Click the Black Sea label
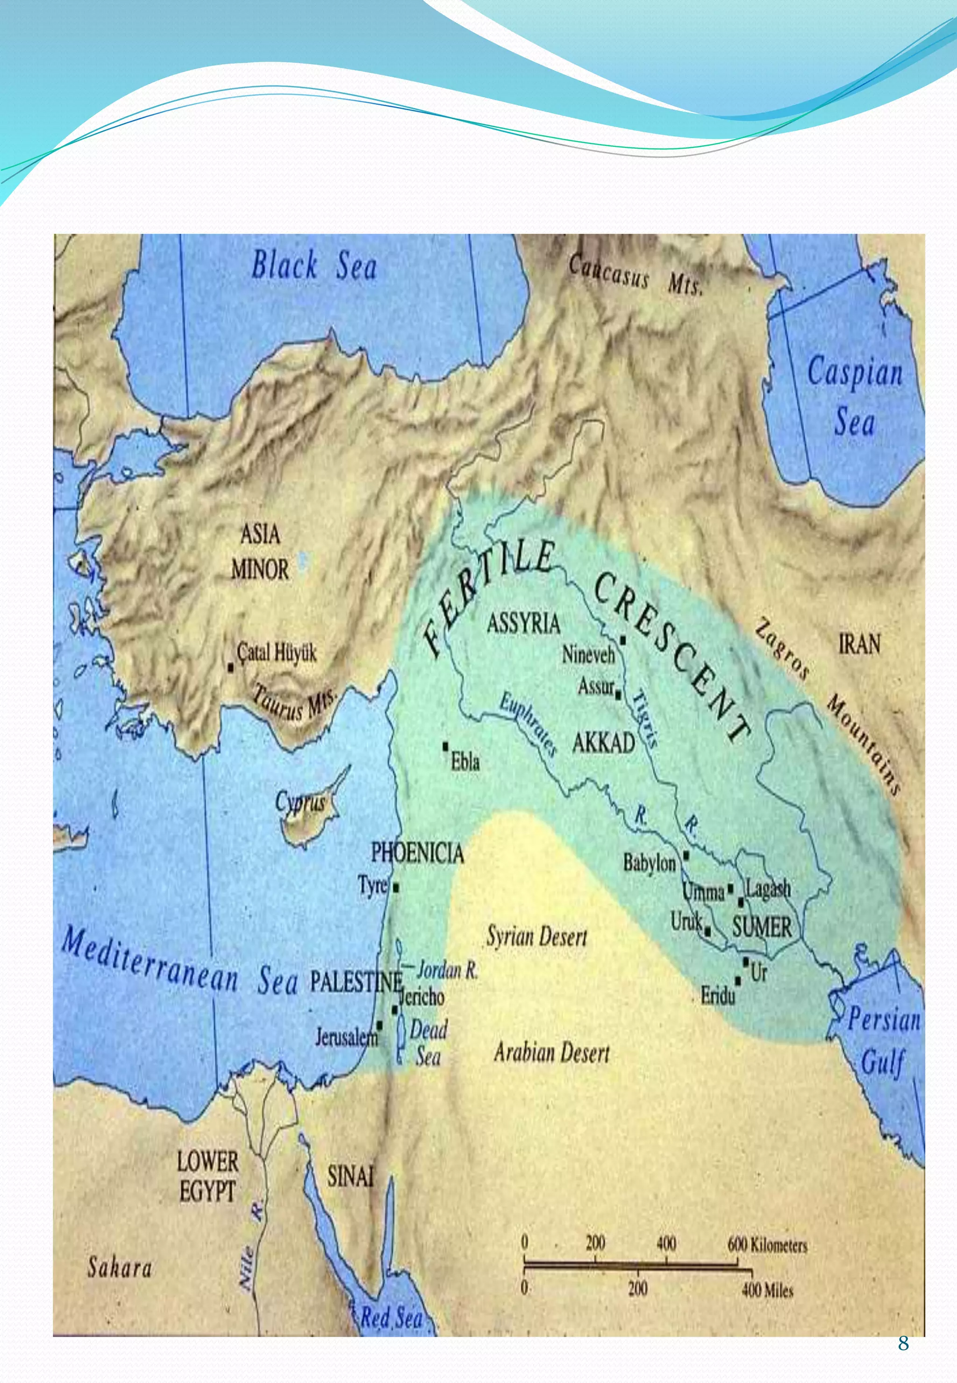tap(314, 265)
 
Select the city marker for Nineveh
tap(623, 640)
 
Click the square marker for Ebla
tap(445, 746)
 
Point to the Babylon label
tap(649, 863)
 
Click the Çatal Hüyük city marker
tap(231, 667)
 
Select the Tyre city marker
tap(396, 887)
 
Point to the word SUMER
tap(762, 928)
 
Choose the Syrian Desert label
tap(536, 937)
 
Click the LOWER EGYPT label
tap(207, 1177)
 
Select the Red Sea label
tap(391, 1318)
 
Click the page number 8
tap(903, 1344)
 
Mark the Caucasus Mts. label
tap(635, 275)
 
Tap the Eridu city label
tap(717, 997)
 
